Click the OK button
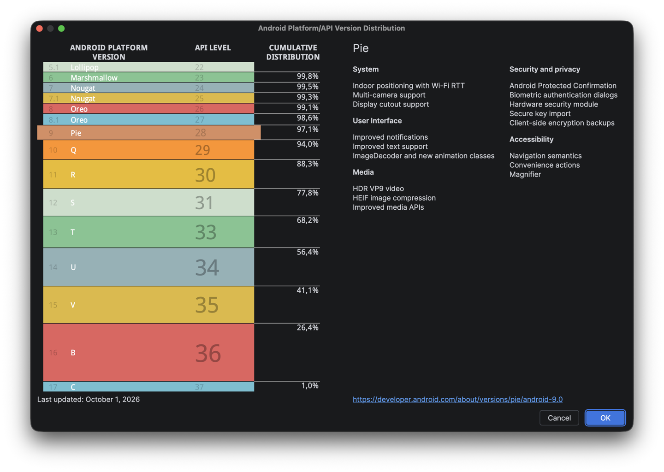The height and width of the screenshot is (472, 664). click(605, 418)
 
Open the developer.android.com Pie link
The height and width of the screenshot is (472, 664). click(457, 399)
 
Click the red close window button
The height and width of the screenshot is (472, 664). click(40, 29)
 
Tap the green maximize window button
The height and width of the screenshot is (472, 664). click(61, 29)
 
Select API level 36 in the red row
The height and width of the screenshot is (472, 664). click(208, 353)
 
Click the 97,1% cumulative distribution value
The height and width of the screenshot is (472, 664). click(308, 129)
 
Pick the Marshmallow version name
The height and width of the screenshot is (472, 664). click(94, 77)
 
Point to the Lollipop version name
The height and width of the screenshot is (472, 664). click(84, 67)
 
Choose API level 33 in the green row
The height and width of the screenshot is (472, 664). click(206, 232)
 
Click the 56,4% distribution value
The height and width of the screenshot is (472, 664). click(308, 252)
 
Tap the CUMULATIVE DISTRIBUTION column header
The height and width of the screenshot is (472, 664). click(293, 52)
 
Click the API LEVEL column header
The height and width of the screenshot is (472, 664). click(213, 47)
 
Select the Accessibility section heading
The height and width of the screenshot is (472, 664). click(531, 139)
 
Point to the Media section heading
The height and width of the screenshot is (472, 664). click(363, 172)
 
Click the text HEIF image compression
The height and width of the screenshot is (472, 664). click(394, 198)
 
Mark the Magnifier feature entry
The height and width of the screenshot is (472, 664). click(525, 174)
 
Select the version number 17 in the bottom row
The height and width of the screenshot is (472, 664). click(53, 387)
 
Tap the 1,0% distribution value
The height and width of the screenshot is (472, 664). click(310, 385)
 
